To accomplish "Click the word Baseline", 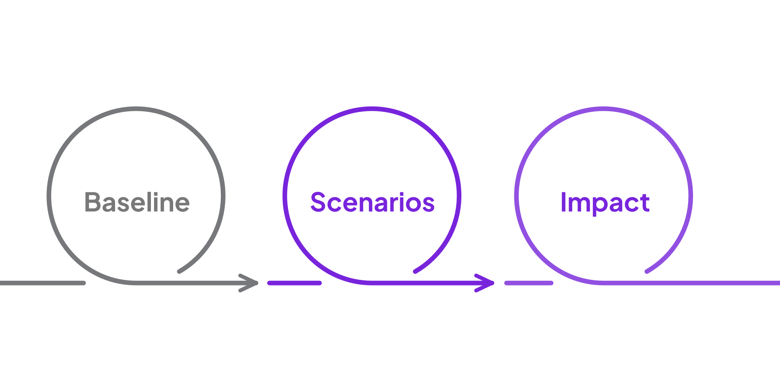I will pos(137,202).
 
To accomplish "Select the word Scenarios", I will pos(372,202).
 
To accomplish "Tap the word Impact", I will pos(605,202).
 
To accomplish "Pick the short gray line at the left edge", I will pos(42,283).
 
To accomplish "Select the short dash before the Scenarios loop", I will pos(294,283).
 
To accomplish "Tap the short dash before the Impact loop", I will pos(529,283).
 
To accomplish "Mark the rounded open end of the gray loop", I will pos(180,271).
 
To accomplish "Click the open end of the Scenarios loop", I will pos(416,271).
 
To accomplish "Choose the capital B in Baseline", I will pos(92,202).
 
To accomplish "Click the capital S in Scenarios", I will pos(318,202).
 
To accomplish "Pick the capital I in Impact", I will pos(563,202).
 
